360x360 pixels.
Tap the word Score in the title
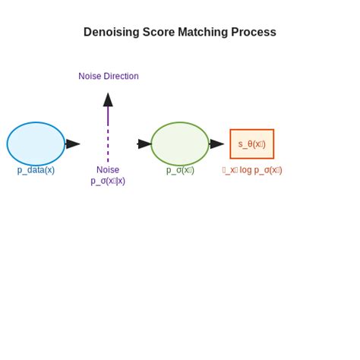159,33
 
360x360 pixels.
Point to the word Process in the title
254,33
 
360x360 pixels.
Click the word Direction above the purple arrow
121,76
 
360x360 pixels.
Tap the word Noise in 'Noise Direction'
90,76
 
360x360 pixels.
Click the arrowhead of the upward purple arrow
108,99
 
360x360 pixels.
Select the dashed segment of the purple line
108,144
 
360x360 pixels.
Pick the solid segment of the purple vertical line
108,116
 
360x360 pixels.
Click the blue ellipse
36,144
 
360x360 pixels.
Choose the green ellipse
179,144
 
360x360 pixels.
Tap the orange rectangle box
251,144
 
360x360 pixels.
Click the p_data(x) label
36,170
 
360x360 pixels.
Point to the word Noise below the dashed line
108,170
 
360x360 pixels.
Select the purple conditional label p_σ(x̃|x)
108,181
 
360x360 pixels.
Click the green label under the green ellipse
180,170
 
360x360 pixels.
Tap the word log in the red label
245,170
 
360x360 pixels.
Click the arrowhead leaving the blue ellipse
73,144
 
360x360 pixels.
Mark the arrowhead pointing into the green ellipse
144,144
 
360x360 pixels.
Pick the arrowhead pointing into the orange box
217,144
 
